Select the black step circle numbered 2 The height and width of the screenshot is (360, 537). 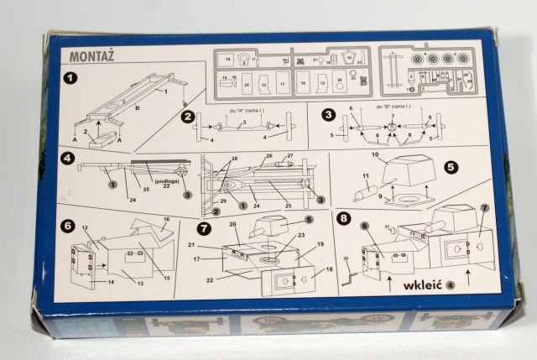188,116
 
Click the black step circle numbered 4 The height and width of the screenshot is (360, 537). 67,158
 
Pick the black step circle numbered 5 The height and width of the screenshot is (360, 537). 451,166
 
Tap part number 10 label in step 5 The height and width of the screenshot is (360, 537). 375,156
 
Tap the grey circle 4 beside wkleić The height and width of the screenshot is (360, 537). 451,284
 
